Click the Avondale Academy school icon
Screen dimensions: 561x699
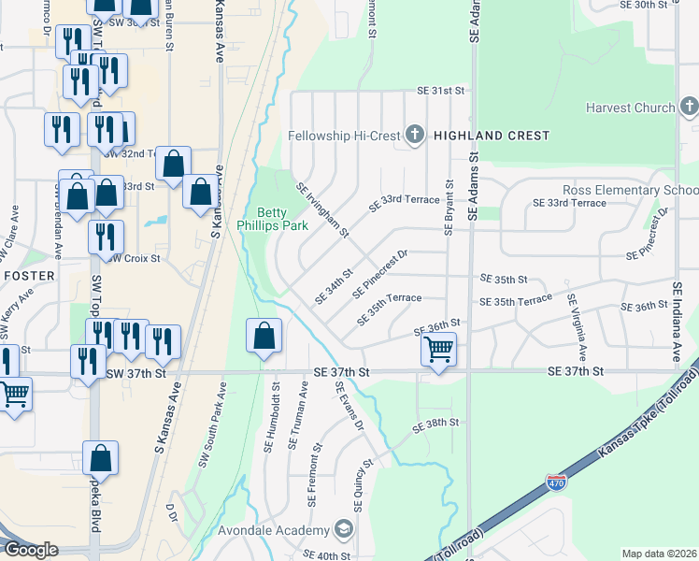tap(343, 531)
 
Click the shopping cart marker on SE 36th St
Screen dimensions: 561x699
tap(436, 351)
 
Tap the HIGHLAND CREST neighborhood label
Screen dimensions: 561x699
tap(491, 136)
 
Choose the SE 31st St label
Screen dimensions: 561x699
tap(441, 91)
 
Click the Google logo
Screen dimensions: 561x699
tap(31, 549)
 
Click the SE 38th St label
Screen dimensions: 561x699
tap(436, 423)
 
